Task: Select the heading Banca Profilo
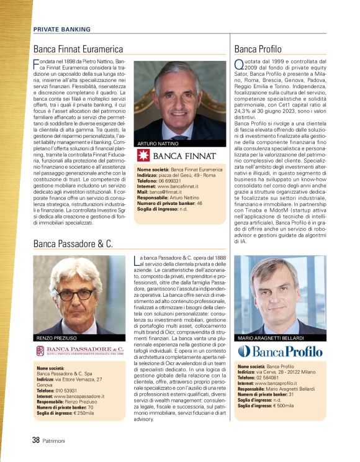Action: (258, 49)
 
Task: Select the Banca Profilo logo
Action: (281, 352)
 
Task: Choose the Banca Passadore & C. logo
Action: (79, 351)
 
